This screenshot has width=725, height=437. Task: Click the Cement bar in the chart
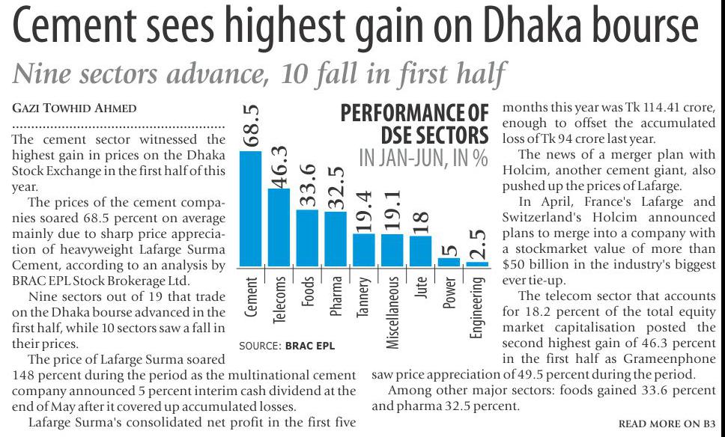tap(251, 209)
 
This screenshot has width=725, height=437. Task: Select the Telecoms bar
tap(279, 227)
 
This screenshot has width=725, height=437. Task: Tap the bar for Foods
tap(307, 238)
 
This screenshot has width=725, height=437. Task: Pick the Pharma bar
tap(336, 239)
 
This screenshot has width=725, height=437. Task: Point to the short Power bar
tap(449, 262)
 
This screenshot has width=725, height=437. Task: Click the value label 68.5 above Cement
tap(251, 126)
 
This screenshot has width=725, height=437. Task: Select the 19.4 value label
tap(364, 210)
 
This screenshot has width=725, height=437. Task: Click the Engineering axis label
tap(477, 308)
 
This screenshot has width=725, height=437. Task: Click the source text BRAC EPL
tap(309, 346)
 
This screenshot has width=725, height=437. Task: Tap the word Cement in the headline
tap(82, 28)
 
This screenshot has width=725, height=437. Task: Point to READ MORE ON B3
tap(667, 424)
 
